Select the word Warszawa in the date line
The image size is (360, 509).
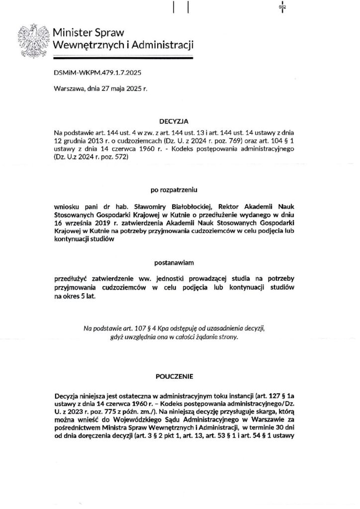click(x=68, y=89)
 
